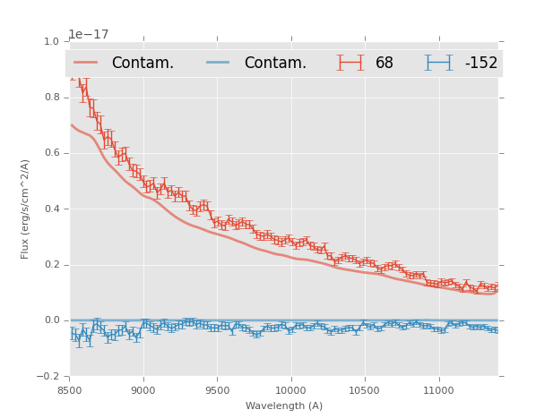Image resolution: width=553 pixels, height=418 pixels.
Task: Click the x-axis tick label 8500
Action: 69,391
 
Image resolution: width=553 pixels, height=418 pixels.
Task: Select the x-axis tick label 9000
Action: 143,391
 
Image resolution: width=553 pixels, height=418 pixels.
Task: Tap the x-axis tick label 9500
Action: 217,391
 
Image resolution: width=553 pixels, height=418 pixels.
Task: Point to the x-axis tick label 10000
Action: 290,391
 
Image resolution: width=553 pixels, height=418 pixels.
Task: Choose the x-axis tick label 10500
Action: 365,391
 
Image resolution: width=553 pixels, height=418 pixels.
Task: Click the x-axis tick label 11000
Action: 438,391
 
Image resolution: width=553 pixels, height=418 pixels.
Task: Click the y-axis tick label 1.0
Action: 52,41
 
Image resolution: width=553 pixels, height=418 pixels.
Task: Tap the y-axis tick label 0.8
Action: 52,97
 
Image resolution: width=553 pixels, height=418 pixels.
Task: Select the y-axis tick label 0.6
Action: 52,153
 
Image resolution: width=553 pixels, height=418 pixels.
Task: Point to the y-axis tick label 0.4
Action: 52,209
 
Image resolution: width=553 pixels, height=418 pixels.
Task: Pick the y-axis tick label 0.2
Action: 52,265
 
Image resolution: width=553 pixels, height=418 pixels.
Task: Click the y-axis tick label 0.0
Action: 52,320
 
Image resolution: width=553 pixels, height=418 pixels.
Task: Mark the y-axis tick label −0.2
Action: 49,376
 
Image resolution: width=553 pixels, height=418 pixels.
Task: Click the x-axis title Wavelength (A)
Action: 283,406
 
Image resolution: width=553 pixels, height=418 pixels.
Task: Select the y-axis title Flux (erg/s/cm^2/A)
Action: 25,209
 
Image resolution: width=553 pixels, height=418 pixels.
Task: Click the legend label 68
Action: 385,64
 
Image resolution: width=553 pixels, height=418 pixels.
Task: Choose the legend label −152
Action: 480,64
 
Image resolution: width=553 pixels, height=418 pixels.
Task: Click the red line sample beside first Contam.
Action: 86,63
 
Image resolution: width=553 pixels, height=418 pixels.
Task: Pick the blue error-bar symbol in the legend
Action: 438,63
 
